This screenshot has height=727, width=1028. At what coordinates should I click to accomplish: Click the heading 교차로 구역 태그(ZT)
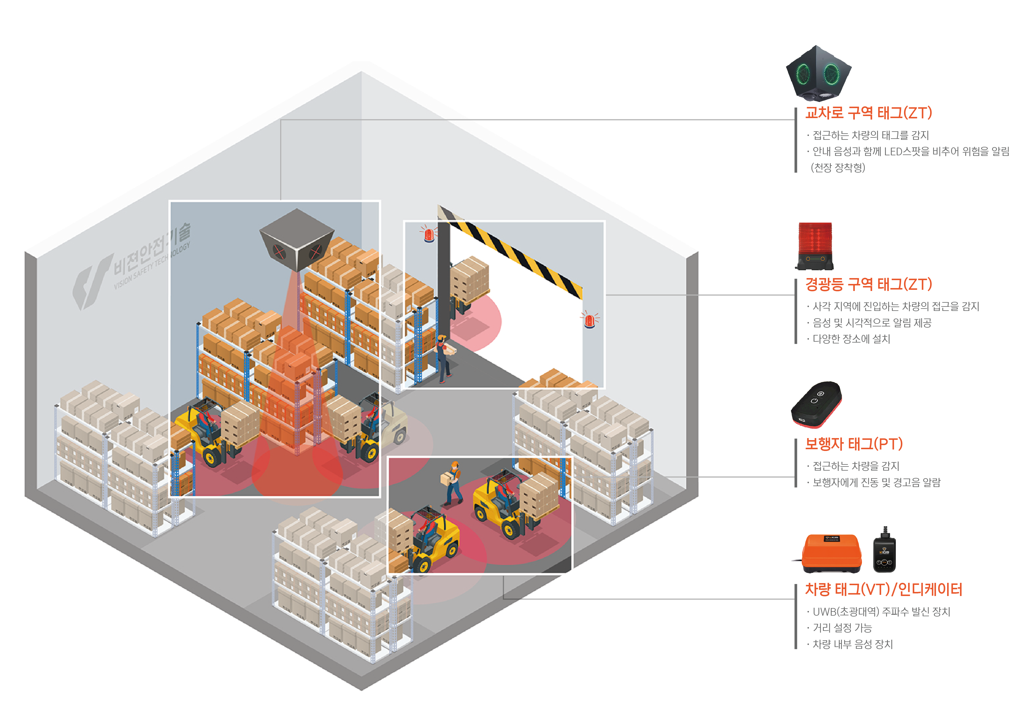868,113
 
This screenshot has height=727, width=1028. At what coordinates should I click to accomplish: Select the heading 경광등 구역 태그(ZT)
868,284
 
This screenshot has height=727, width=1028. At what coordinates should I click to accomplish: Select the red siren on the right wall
590,320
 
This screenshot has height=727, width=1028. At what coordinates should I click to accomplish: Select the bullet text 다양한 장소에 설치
851,339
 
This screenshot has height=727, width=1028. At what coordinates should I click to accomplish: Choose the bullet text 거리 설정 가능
842,628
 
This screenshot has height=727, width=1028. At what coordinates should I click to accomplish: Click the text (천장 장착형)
838,167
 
